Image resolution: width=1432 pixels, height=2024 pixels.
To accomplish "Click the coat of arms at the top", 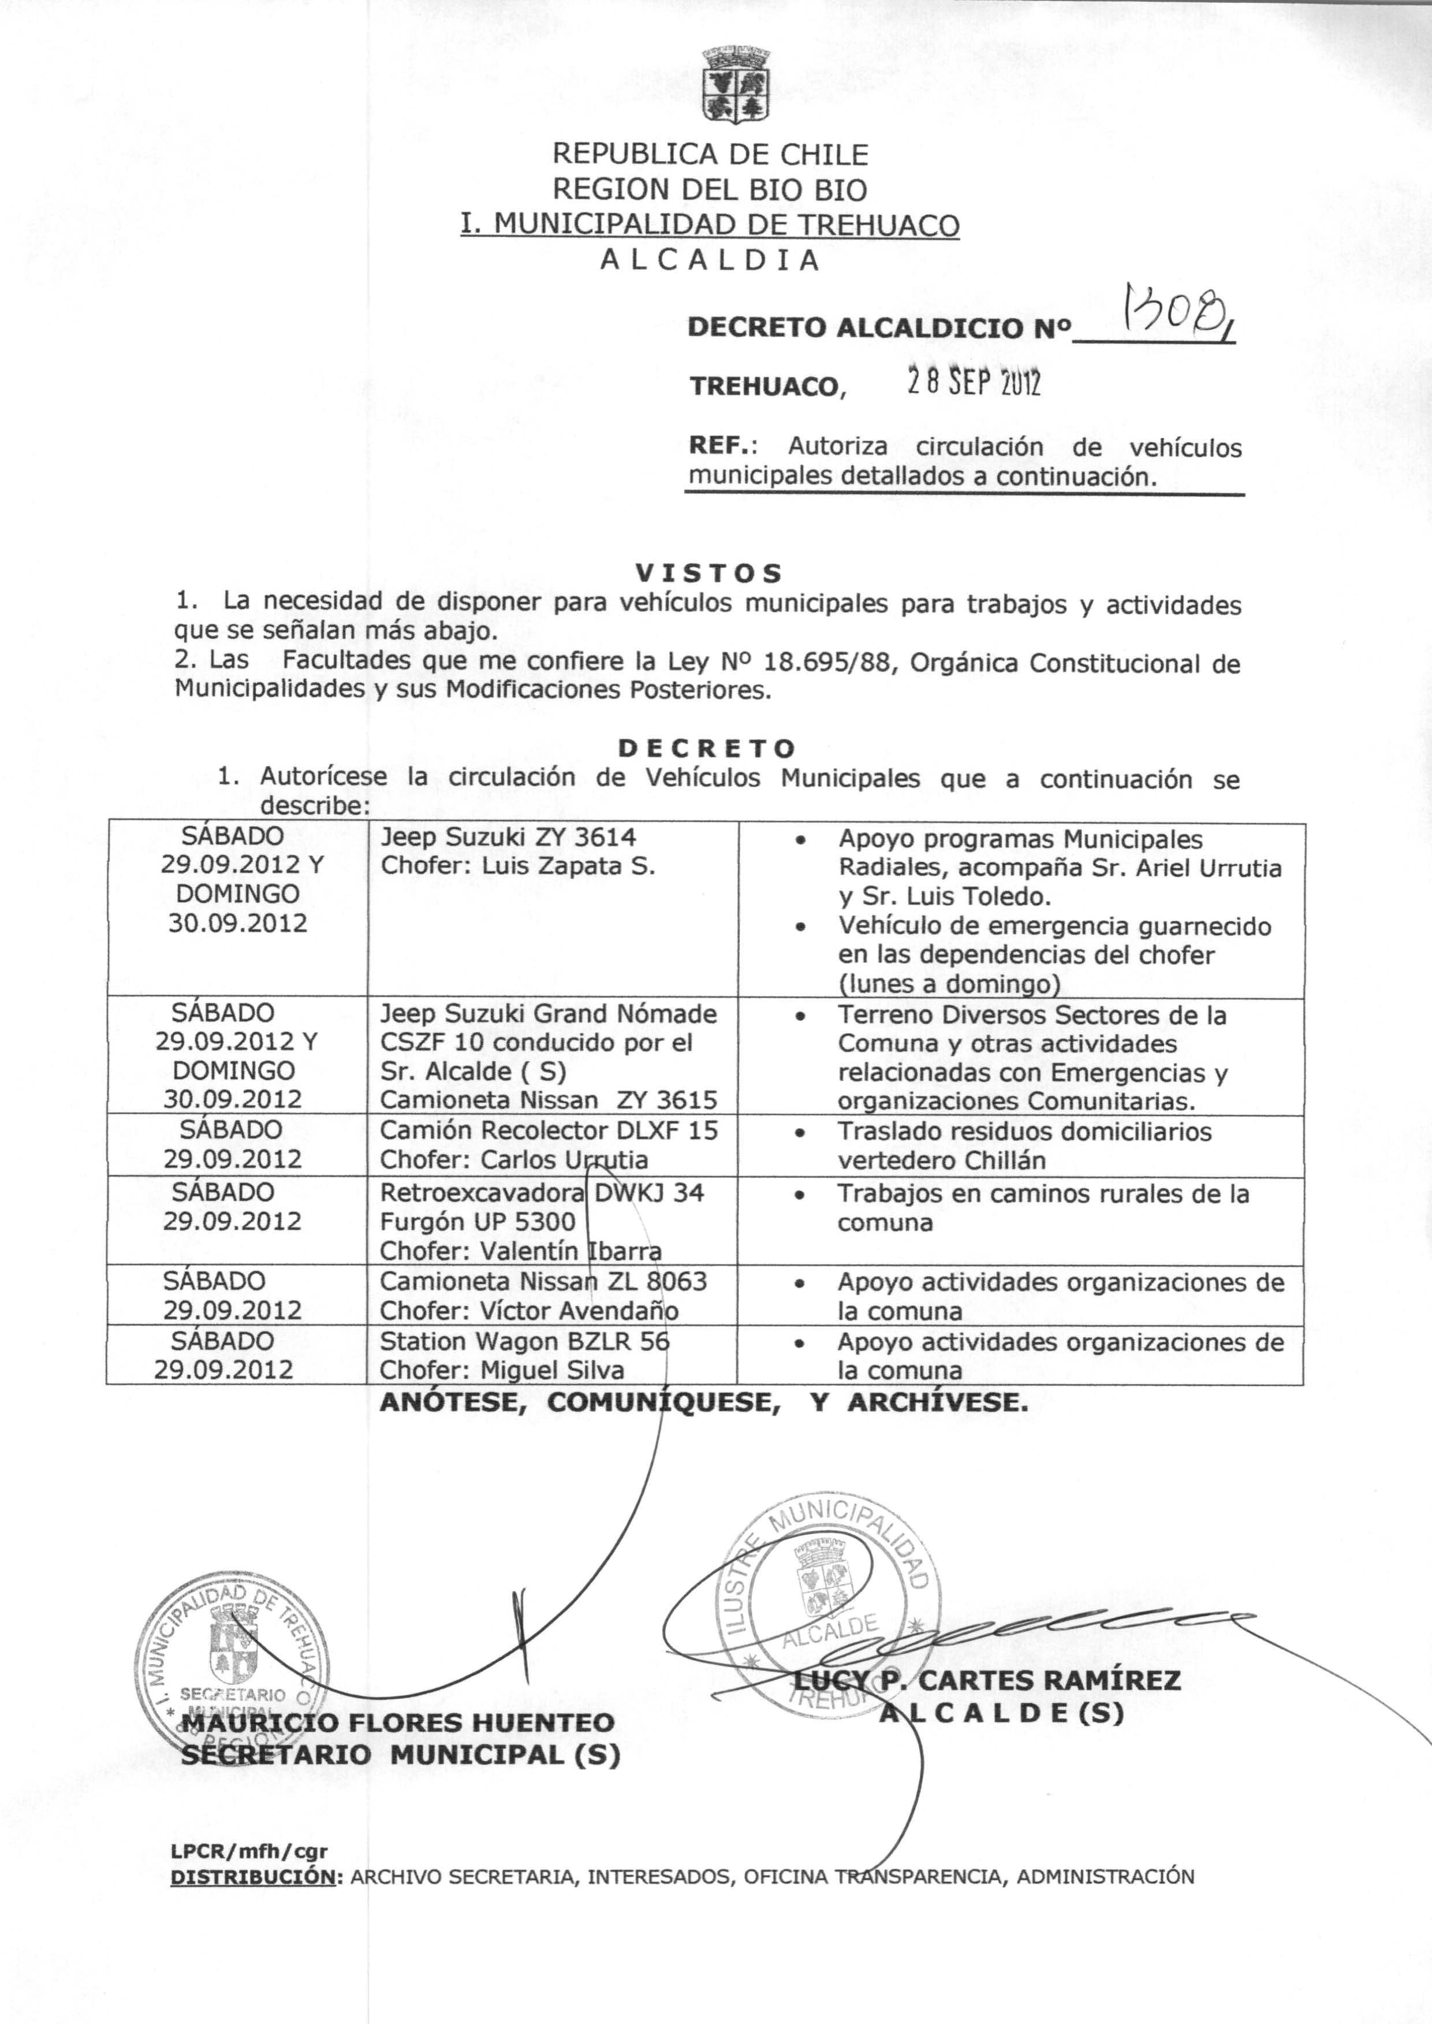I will point(736,85).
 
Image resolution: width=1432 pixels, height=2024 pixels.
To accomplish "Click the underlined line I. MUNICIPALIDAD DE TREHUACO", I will point(710,226).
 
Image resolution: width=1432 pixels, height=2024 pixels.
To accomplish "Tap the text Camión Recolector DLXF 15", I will point(549,1130).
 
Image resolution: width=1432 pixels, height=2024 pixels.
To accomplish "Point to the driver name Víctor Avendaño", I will point(579,1311).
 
